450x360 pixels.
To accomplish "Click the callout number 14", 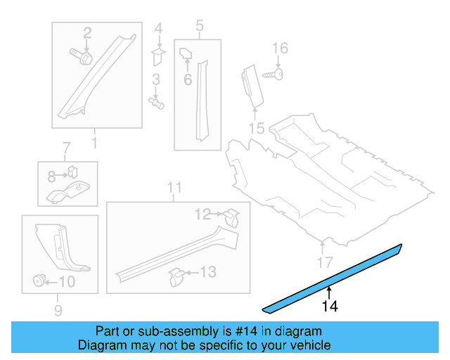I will [x=329, y=306].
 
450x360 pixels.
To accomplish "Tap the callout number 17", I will [x=323, y=264].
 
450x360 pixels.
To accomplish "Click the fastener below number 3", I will [x=158, y=103].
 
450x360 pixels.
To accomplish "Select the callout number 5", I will [x=199, y=27].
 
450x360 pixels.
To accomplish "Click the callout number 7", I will [x=67, y=148].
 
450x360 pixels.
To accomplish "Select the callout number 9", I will [x=58, y=310].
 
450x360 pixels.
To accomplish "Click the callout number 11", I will [x=174, y=187].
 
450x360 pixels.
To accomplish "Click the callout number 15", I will [x=256, y=129].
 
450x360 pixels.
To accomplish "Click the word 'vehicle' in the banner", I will [x=308, y=345].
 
